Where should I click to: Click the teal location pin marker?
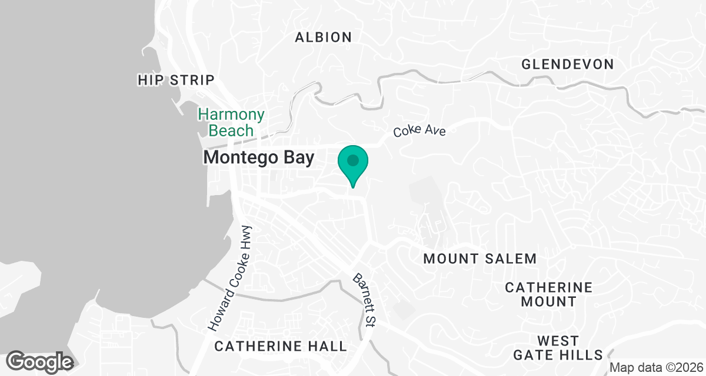tap(353, 162)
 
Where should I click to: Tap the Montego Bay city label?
tap(259, 157)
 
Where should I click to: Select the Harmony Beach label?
tap(231, 122)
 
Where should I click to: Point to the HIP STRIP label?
tap(176, 80)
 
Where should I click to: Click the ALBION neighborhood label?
tap(324, 38)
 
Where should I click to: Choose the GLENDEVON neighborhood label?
tap(568, 64)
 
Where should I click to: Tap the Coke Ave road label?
tap(421, 129)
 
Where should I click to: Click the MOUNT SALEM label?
tap(480, 258)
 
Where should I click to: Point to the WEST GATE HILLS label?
tap(558, 348)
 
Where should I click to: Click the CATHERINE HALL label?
tap(281, 346)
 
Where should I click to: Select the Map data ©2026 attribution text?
tap(656, 368)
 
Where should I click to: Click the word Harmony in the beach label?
tap(231, 115)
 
